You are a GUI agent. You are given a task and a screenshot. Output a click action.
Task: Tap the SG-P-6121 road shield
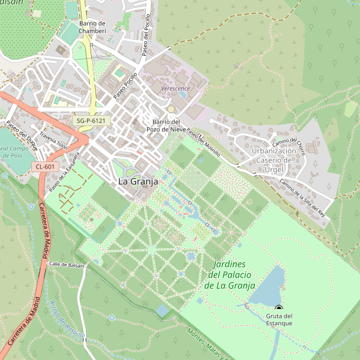92,121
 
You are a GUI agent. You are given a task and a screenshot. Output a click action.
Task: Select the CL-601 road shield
45,167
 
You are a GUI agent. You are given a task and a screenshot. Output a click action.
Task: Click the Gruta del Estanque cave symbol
278,308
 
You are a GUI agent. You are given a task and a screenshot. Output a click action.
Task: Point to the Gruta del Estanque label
279,319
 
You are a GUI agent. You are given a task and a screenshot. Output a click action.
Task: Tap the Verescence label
175,89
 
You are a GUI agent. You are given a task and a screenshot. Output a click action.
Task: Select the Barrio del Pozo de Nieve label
168,125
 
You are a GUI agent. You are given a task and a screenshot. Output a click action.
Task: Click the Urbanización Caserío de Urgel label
274,160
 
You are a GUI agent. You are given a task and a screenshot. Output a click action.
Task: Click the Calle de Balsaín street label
67,264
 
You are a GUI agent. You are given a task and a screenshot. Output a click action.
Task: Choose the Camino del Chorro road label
289,147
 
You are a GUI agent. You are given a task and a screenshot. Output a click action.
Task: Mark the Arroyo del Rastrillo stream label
67,318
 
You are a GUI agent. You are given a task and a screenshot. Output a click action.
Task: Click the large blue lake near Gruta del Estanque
267,287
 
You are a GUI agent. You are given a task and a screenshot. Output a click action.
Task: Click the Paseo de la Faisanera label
65,175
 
